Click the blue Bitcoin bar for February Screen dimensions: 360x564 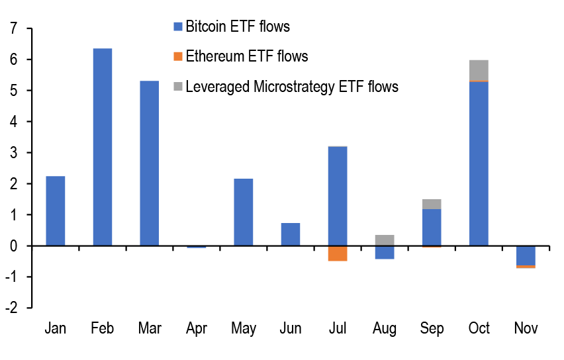click(x=103, y=147)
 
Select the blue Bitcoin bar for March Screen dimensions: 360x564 click(x=150, y=163)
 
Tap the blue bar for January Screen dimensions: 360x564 click(x=56, y=211)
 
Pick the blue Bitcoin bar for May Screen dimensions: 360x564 click(x=244, y=212)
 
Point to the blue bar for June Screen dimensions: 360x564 click(x=291, y=234)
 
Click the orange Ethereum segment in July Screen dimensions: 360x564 click(x=338, y=253)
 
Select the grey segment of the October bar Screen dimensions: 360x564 click(x=479, y=70)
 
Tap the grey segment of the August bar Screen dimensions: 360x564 click(x=385, y=240)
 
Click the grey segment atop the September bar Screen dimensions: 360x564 click(x=432, y=204)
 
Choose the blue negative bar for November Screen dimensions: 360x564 click(x=526, y=255)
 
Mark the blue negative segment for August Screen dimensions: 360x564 click(x=385, y=252)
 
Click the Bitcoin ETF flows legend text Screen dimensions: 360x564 click(x=238, y=27)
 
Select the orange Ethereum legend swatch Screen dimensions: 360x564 click(x=177, y=57)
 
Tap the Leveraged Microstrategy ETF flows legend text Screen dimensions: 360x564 click(x=292, y=87)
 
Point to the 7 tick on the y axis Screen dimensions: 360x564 click(x=11, y=29)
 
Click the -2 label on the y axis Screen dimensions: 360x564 click(x=10, y=308)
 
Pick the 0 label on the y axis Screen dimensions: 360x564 click(x=11, y=246)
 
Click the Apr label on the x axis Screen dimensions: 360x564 click(x=197, y=329)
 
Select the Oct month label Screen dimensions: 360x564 click(x=479, y=329)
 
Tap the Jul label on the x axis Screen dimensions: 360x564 click(x=338, y=329)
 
